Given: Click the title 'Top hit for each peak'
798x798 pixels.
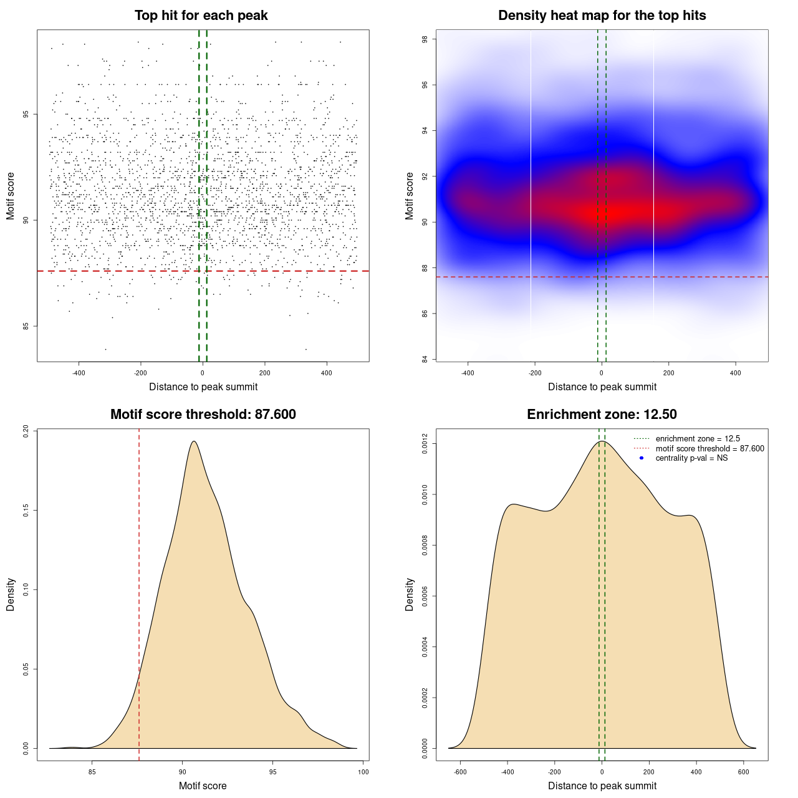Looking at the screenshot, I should click(201, 16).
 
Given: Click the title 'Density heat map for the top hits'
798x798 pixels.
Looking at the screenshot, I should click(602, 16).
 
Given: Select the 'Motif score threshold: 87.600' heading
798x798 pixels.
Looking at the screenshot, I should click(203, 415).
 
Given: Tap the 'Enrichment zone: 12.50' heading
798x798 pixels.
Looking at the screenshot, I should click(602, 415).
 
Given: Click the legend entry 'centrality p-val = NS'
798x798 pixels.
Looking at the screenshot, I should click(691, 458).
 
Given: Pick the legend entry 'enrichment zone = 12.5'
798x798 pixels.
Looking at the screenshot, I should click(698, 439).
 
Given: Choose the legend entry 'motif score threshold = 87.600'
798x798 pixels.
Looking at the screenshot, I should click(709, 449).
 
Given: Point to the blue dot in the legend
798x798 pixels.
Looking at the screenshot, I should click(642, 458).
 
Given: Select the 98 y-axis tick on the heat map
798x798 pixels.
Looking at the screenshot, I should click(425, 39).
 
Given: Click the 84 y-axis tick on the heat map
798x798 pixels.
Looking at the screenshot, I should click(425, 359).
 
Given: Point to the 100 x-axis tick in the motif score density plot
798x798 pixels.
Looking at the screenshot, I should click(363, 772).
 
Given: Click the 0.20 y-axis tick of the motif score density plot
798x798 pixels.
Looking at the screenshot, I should click(26, 431).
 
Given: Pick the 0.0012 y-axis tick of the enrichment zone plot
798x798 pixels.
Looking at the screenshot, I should click(425, 444).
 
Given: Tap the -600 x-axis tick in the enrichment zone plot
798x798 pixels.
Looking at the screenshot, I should click(460, 772).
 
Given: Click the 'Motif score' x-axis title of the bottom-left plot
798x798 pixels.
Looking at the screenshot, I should click(203, 786).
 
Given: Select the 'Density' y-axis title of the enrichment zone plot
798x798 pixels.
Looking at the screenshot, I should click(410, 594).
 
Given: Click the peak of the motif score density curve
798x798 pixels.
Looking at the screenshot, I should click(194, 441).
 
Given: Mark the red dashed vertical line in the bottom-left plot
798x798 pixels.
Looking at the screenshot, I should click(139, 592).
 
